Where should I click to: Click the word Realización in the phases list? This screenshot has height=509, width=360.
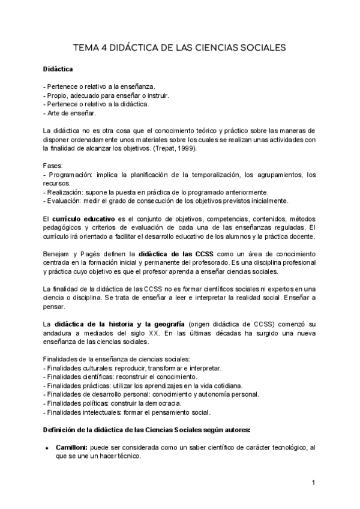[65, 191]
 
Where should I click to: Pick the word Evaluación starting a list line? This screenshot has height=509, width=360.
[64, 200]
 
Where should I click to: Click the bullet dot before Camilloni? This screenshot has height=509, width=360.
[46, 448]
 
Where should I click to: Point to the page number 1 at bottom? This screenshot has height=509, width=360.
[313, 483]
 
